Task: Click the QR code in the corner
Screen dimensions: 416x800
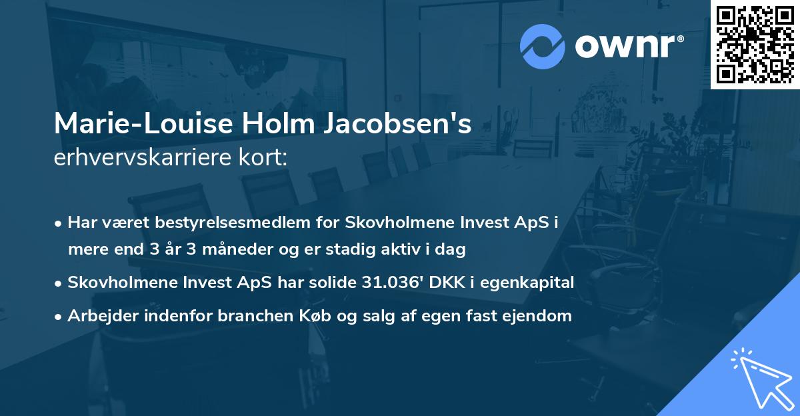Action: [x=755, y=44]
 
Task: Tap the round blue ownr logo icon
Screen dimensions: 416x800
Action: [x=542, y=46]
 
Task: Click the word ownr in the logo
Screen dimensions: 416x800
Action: [x=627, y=46]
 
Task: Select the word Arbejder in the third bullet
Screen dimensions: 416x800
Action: [x=96, y=315]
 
